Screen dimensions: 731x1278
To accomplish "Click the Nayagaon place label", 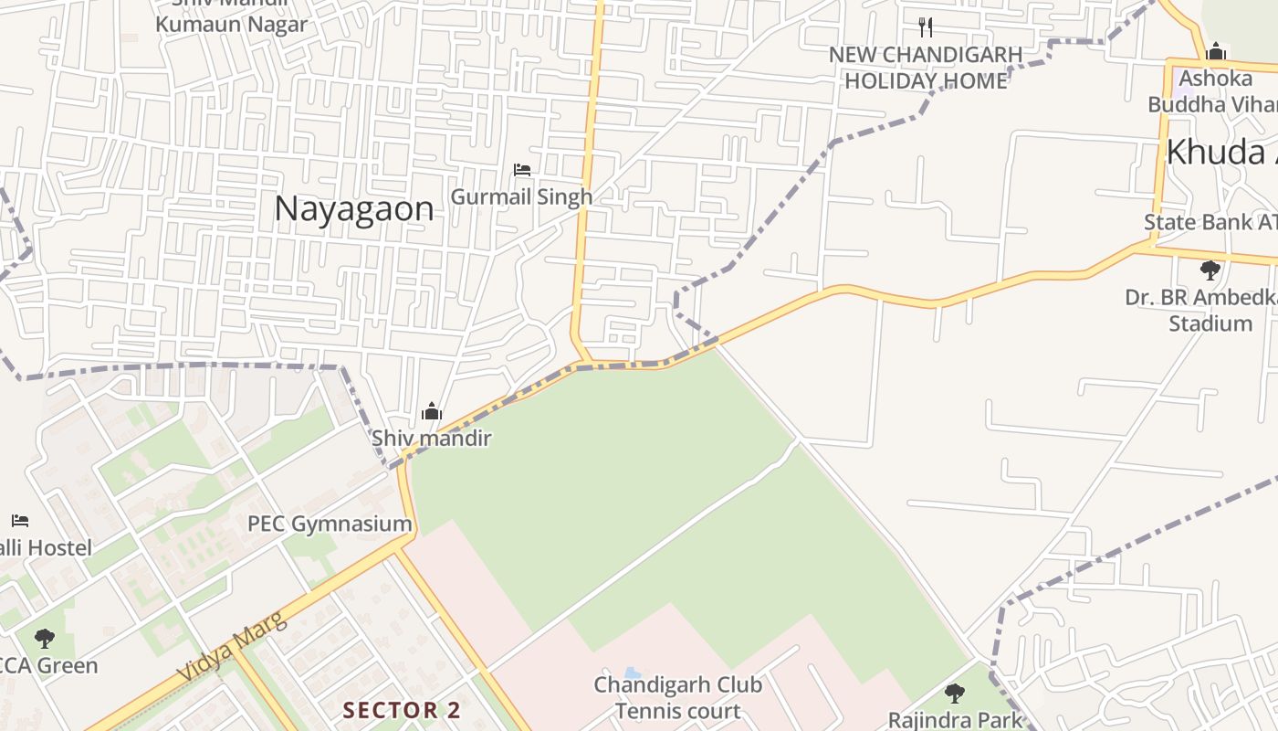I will click(354, 209).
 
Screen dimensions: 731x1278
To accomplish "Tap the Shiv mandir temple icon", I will click(432, 412).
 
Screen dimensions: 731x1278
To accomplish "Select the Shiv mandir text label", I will click(432, 439).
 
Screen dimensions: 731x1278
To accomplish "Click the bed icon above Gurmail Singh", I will click(522, 170).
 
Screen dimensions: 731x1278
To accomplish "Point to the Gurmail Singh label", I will click(522, 196).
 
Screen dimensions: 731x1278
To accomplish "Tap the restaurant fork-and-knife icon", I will click(926, 26).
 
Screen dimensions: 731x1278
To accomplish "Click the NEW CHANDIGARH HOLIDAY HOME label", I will click(926, 68).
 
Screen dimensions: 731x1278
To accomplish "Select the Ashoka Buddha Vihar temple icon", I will click(1216, 51).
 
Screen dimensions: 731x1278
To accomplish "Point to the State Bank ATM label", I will click(1210, 222).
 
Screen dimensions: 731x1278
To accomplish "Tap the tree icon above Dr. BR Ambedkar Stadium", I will click(1210, 270).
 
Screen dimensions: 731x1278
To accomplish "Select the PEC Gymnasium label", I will click(330, 524).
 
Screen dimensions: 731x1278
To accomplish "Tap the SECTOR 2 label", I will click(402, 710).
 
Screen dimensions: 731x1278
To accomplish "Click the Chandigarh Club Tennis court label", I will click(677, 697).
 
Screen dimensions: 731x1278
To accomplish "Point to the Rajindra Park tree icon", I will click(955, 694).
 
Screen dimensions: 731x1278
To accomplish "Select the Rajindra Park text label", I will click(955, 720).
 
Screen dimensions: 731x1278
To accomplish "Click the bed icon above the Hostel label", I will click(20, 521).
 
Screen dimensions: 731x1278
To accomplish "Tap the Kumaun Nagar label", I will click(232, 25).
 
